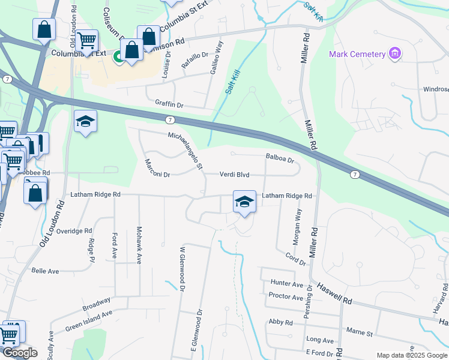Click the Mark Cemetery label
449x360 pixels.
(357, 55)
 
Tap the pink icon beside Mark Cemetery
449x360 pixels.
(395, 55)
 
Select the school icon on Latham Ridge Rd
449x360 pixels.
(244, 202)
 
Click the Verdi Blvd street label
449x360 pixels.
(234, 175)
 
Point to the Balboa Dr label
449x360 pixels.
(280, 160)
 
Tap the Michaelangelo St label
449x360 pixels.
(186, 151)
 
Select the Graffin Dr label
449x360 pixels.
(169, 104)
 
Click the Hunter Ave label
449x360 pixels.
(287, 283)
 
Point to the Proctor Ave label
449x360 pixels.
(286, 297)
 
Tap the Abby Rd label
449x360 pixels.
(280, 322)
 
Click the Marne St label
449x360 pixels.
(360, 331)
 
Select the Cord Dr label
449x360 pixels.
(296, 259)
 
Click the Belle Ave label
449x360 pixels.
(45, 271)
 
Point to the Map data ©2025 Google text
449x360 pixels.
(412, 355)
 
